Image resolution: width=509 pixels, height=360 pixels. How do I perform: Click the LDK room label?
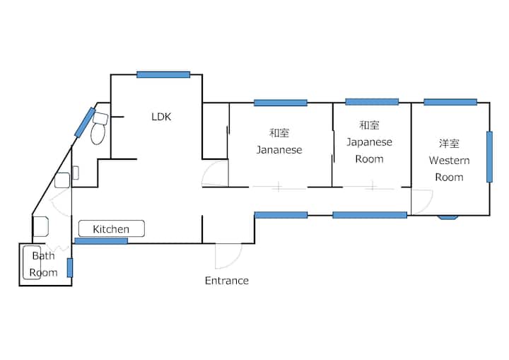pos(161,117)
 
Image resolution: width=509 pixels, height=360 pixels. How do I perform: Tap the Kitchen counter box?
pos(112,228)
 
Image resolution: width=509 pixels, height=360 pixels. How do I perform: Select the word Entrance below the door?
pos(227,280)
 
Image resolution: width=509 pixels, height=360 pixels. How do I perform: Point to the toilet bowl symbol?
pos(98,134)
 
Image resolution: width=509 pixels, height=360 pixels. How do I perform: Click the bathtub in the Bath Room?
pos(32,262)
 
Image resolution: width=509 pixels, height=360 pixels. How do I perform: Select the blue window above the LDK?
pos(163,75)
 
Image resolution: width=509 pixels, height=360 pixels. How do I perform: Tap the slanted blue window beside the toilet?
pos(85,122)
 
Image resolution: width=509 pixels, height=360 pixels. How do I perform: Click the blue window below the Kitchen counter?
pos(101,240)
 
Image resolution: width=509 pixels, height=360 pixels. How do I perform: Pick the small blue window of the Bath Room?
pos(70,268)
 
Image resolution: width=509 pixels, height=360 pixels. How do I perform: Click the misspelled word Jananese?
pos(279,150)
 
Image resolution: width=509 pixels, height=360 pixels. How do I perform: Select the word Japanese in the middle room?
pos(370,142)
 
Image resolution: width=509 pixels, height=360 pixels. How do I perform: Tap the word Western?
pos(449,161)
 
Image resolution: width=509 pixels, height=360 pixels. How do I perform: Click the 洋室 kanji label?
pos(449,144)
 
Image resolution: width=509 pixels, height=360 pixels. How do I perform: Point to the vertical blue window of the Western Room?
pos(489,156)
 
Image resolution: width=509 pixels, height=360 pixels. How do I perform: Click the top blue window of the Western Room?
pos(450,102)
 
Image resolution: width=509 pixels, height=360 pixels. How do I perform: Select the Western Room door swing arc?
pos(428,203)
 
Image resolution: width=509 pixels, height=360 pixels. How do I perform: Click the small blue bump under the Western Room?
pos(448,217)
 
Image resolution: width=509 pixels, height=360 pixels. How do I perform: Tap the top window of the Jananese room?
pos(281,103)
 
